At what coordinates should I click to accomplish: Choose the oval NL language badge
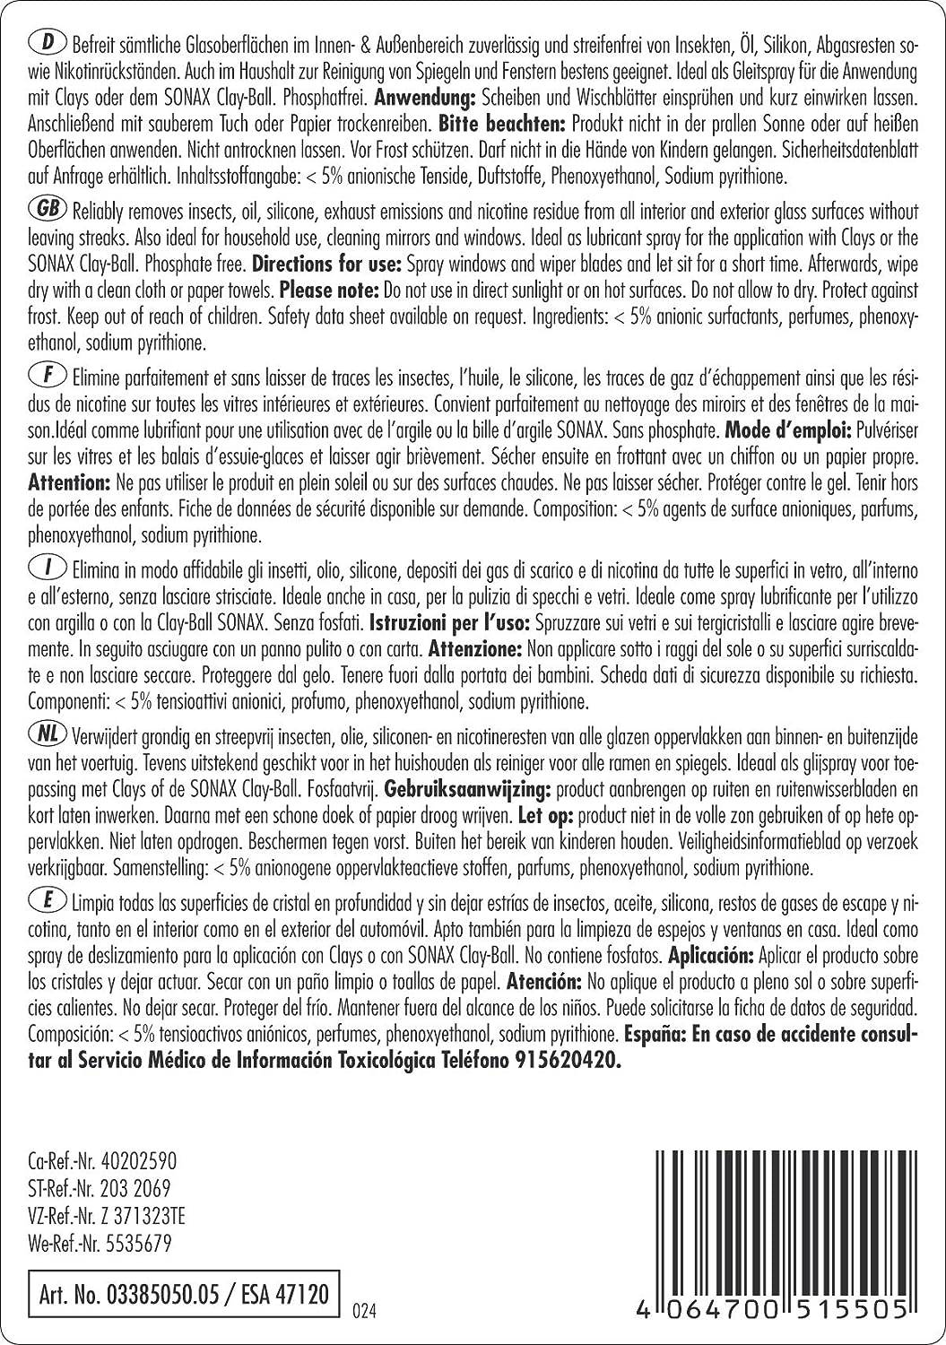pyautogui.click(x=46, y=736)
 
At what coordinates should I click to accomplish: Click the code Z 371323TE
pyautogui.click(x=140, y=1217)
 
